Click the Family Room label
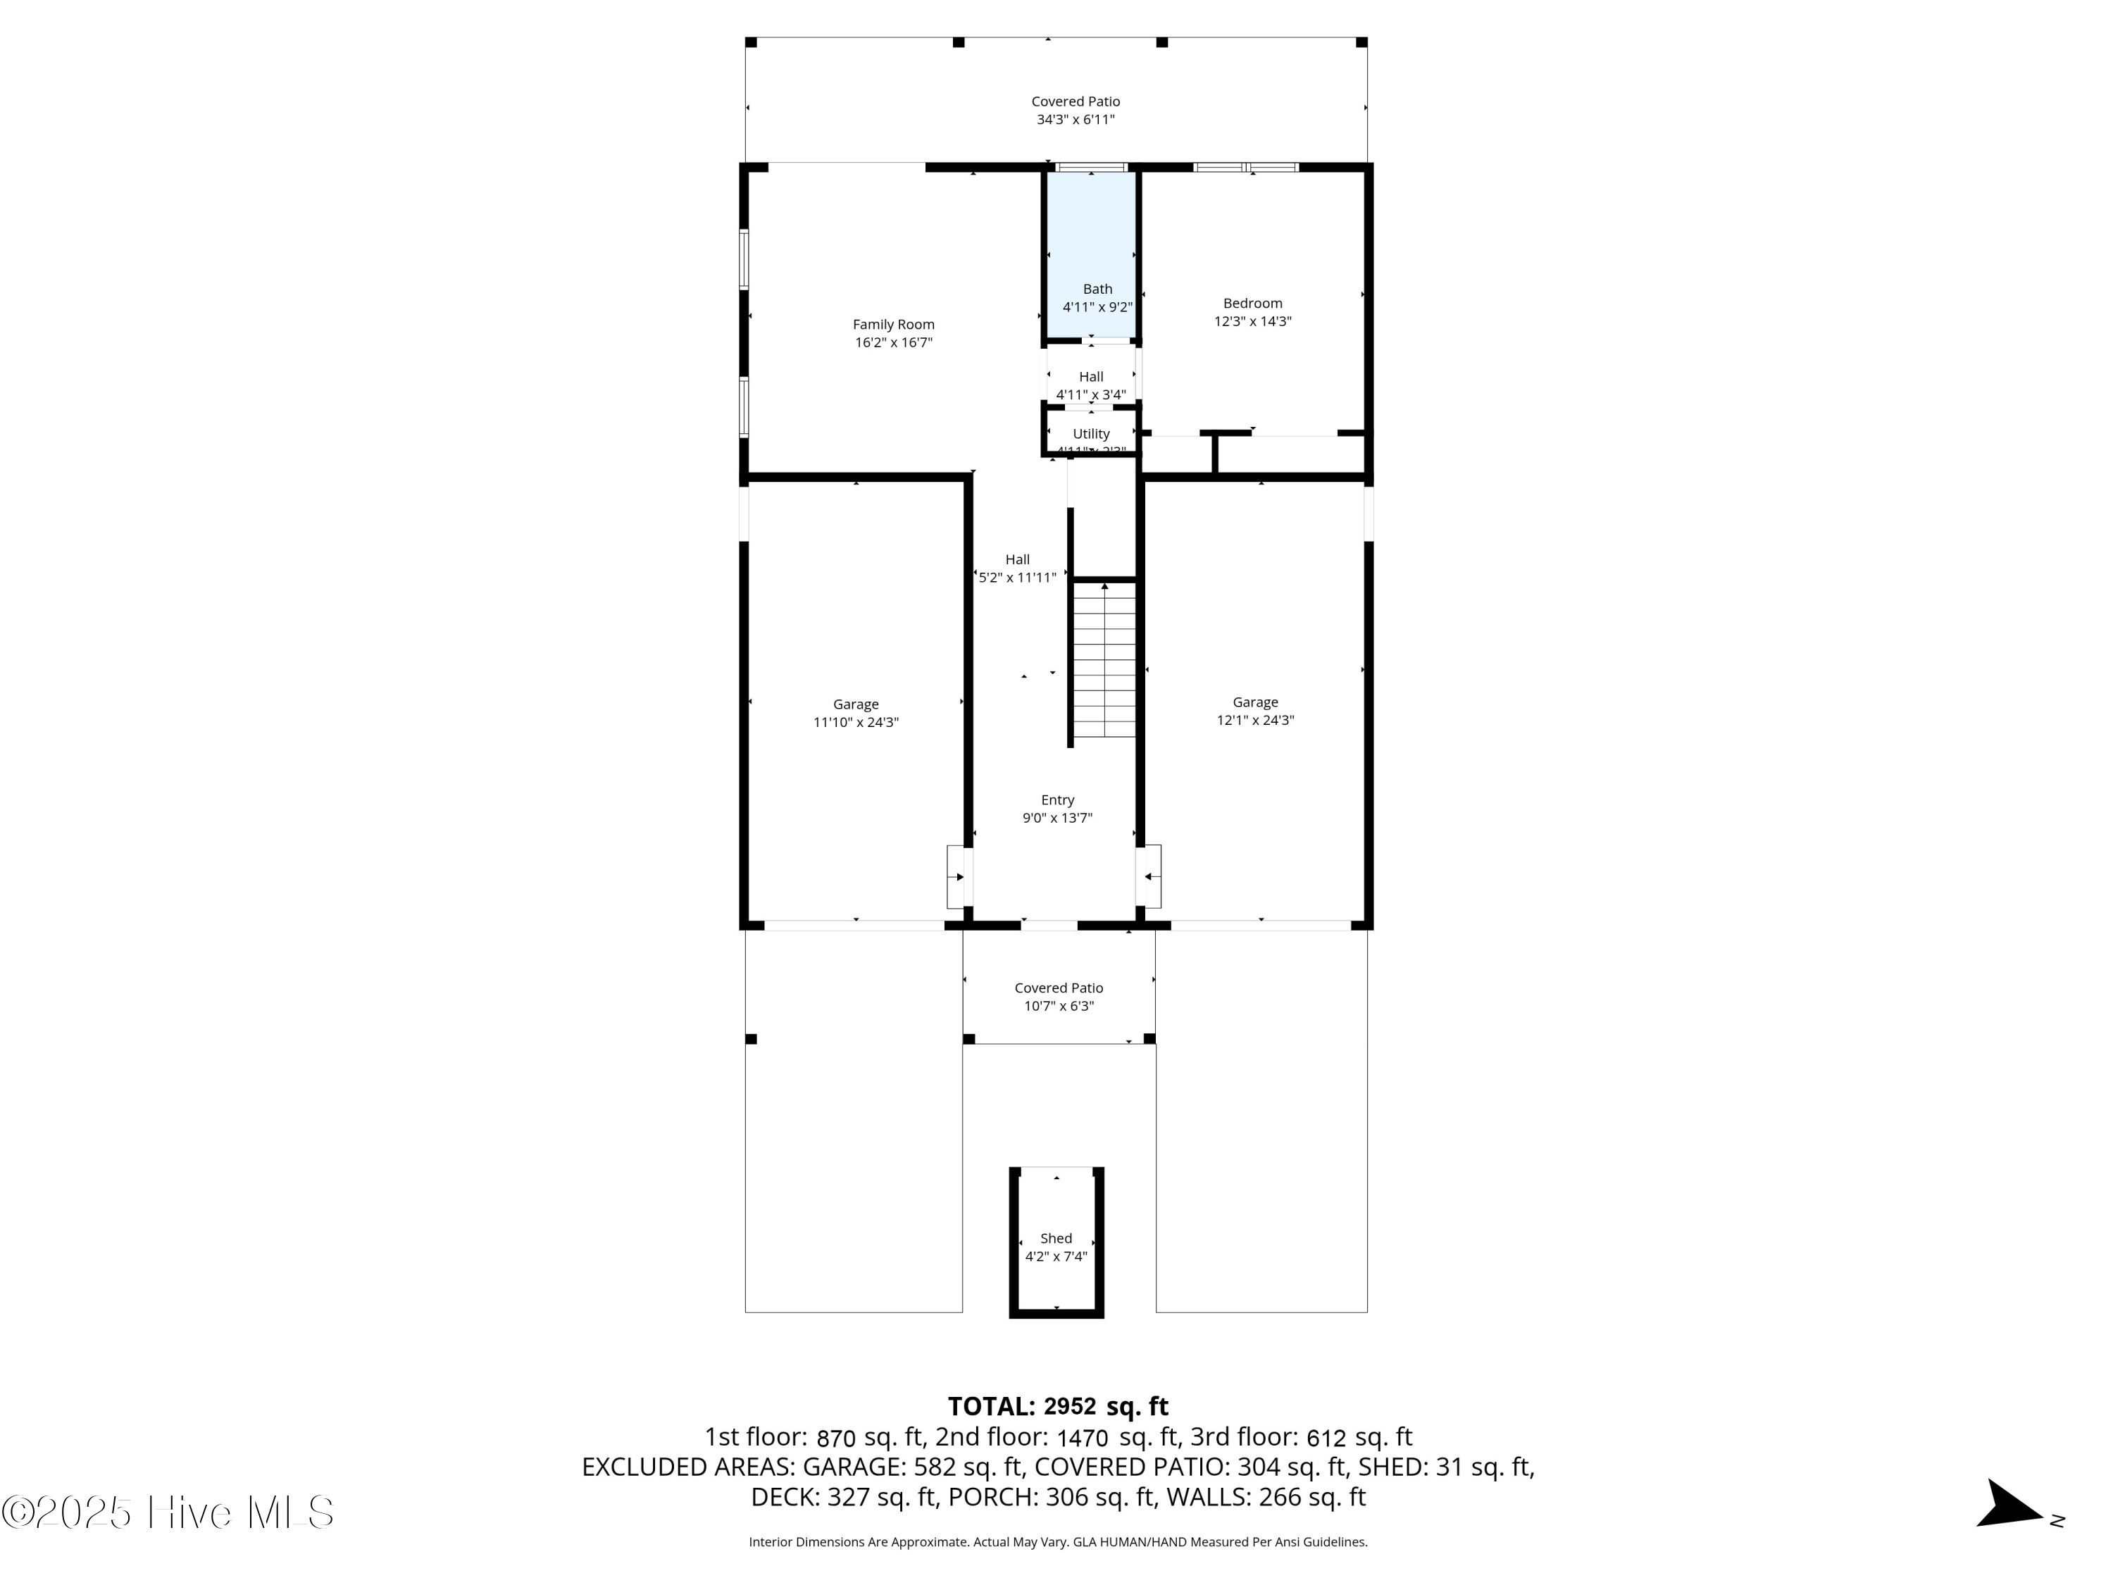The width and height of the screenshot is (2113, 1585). pyautogui.click(x=893, y=325)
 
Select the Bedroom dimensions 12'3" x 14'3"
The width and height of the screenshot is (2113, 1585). pyautogui.click(x=1252, y=322)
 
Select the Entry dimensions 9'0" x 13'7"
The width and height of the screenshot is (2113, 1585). pyautogui.click(x=1056, y=818)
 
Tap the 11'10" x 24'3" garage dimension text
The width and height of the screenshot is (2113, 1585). pyautogui.click(x=855, y=722)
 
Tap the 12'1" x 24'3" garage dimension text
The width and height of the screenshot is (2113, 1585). pyautogui.click(x=1254, y=721)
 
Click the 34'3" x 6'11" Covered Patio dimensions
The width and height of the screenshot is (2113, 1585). pyautogui.click(x=1076, y=120)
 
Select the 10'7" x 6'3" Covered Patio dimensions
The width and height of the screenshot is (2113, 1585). pyautogui.click(x=1059, y=1006)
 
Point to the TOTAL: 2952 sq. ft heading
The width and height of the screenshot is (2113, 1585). pyautogui.click(x=1057, y=1406)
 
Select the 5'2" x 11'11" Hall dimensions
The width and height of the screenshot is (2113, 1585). pyautogui.click(x=1017, y=577)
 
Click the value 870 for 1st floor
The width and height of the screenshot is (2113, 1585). pyautogui.click(x=837, y=1438)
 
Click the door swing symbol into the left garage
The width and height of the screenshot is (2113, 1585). pyautogui.click(x=957, y=876)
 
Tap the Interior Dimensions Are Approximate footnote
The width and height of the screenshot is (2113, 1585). pyautogui.click(x=1057, y=1542)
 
